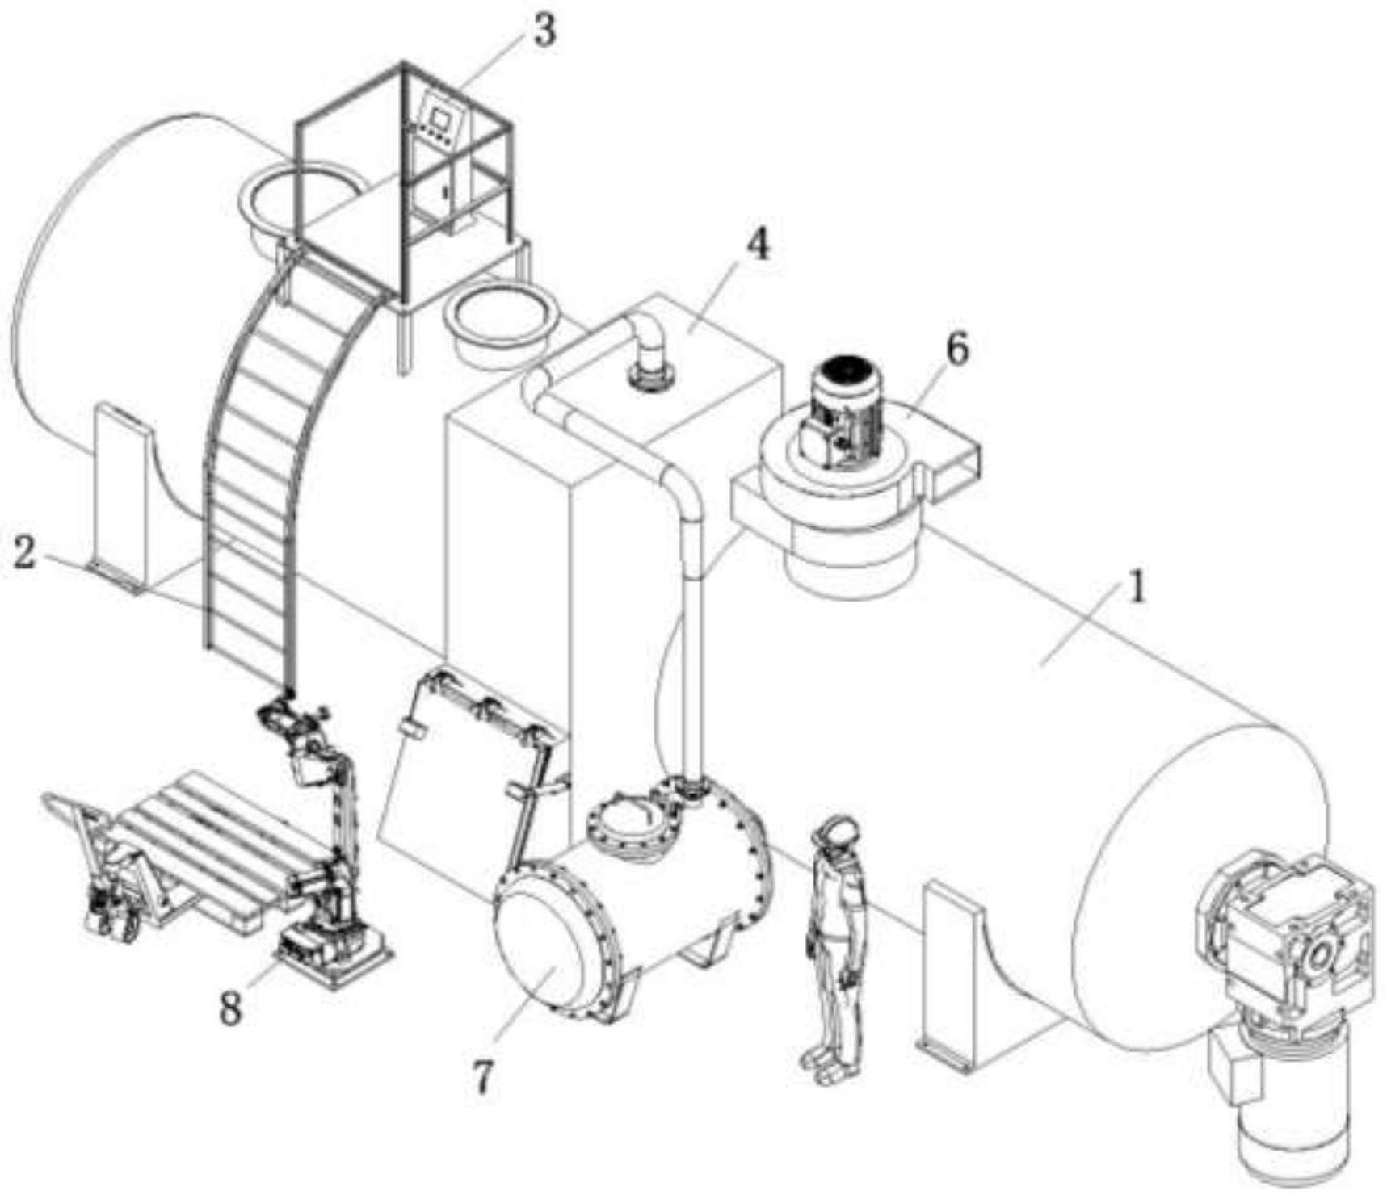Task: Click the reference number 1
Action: point(1137,588)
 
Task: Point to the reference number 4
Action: point(757,245)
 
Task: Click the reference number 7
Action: point(483,1076)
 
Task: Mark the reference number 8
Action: point(231,1008)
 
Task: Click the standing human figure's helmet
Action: point(839,832)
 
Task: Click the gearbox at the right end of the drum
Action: point(1284,929)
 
